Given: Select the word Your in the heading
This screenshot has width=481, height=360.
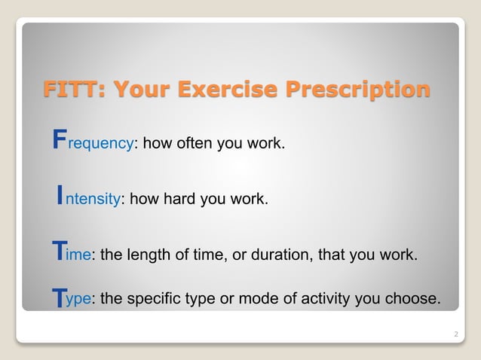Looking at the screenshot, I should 141,90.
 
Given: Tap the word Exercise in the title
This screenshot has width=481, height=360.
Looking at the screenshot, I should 230,90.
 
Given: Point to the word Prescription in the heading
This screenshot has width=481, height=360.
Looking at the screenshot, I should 359,90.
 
